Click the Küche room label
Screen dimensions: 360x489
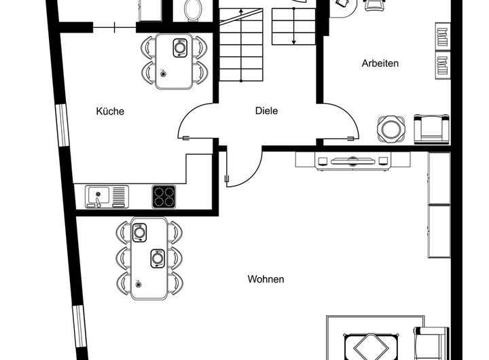[x=110, y=111]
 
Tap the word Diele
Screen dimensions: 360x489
[x=267, y=111]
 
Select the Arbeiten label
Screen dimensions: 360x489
[x=380, y=63]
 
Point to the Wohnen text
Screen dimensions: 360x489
[x=266, y=279]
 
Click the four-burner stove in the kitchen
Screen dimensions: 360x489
[x=163, y=196]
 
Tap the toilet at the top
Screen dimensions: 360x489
[x=193, y=10]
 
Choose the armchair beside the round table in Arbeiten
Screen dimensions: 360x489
[x=431, y=128]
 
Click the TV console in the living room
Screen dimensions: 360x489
[x=352, y=160]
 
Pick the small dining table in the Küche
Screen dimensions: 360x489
[x=174, y=61]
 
